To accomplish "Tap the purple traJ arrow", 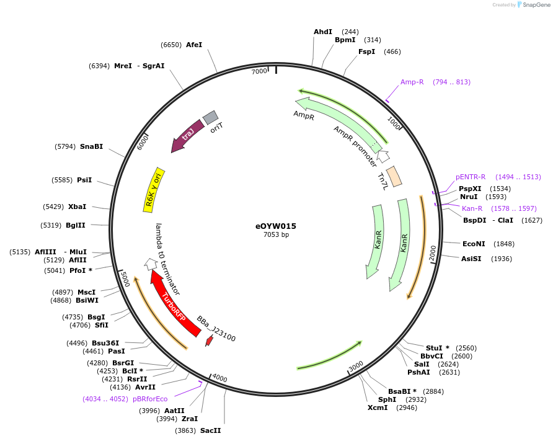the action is (x=187, y=135).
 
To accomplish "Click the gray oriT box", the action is (x=211, y=117).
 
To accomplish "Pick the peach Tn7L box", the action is (x=394, y=176).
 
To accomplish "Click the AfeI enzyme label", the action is (x=194, y=45).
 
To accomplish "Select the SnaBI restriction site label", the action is (x=91, y=146).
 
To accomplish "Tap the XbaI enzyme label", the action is (x=77, y=207).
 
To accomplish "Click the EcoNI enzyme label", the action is (x=474, y=244).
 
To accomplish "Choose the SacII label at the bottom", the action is (x=210, y=430).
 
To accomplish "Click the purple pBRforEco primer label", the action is (x=150, y=399).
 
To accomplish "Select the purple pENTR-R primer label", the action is (x=471, y=177).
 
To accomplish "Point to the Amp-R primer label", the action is (x=412, y=82).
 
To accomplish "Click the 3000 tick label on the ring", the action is (x=356, y=367).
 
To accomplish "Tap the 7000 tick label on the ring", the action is (x=259, y=71).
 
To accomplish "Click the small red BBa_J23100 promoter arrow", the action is (x=210, y=340).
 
